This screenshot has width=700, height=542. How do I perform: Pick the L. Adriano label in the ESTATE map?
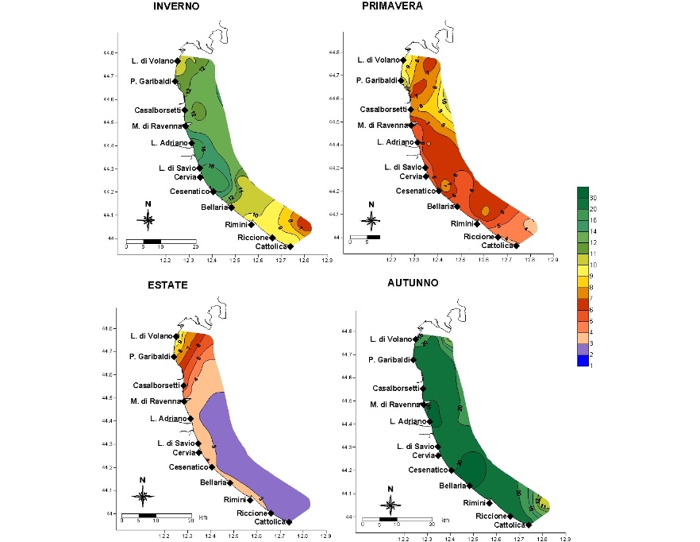click(x=167, y=418)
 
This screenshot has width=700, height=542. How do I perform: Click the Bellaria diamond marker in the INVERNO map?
click(x=231, y=207)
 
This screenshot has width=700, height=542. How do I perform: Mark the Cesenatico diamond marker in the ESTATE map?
click(x=211, y=467)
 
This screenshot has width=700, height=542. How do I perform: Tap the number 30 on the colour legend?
click(x=593, y=196)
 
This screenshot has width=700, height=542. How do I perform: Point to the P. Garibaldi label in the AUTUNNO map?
click(x=388, y=360)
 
